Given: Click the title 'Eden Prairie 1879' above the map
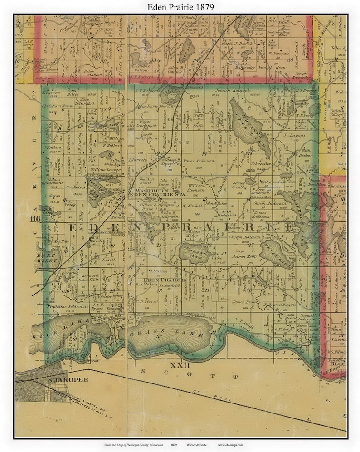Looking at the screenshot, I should [x=180, y=7].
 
